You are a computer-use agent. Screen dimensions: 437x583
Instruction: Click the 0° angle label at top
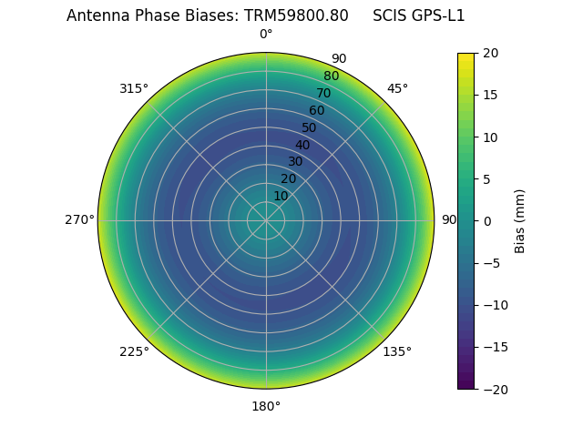tap(266, 35)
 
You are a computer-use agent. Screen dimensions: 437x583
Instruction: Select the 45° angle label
tap(397, 88)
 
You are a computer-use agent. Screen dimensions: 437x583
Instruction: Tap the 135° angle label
tap(397, 351)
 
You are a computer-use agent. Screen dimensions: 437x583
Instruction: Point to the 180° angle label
tap(266, 406)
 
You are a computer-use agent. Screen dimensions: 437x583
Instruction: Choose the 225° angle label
tap(134, 351)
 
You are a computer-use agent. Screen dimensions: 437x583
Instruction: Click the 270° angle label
tap(79, 219)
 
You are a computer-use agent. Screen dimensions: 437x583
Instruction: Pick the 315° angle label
tap(134, 88)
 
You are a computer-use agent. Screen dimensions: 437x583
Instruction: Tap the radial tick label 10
tap(281, 196)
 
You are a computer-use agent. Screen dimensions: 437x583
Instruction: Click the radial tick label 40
tap(302, 145)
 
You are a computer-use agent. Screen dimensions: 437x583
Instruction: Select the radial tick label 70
tap(324, 93)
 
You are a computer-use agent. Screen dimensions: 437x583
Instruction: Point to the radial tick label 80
tap(332, 76)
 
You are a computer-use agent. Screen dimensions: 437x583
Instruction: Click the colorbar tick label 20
tap(490, 53)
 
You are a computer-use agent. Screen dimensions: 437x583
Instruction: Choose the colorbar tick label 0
tap(486, 220)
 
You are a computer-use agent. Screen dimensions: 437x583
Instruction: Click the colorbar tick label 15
tap(490, 95)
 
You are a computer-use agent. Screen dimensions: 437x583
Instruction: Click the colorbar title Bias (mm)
tap(520, 220)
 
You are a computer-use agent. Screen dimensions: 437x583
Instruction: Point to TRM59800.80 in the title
tap(296, 15)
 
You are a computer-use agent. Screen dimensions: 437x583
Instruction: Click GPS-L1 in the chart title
tap(434, 15)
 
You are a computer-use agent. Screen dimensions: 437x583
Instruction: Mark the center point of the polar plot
tap(266, 220)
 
